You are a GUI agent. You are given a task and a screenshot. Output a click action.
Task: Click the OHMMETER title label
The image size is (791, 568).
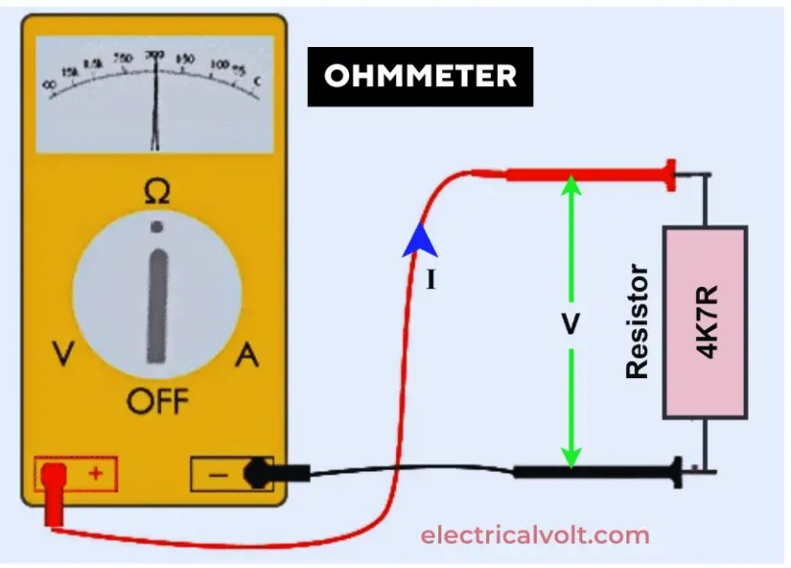tap(420, 76)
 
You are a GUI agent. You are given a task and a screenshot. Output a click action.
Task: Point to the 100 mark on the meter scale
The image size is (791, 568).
tap(219, 67)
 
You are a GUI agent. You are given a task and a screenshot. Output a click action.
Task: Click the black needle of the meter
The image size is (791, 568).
tap(154, 108)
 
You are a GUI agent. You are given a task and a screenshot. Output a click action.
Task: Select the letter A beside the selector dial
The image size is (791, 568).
tap(247, 355)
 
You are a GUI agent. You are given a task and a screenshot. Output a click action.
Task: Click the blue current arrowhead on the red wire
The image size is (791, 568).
tap(419, 240)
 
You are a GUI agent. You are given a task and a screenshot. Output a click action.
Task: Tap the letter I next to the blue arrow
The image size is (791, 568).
tap(429, 281)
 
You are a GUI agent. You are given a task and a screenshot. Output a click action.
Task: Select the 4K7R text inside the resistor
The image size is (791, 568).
tap(706, 323)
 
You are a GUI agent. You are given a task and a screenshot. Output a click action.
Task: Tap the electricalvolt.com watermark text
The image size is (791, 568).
tap(534, 536)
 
